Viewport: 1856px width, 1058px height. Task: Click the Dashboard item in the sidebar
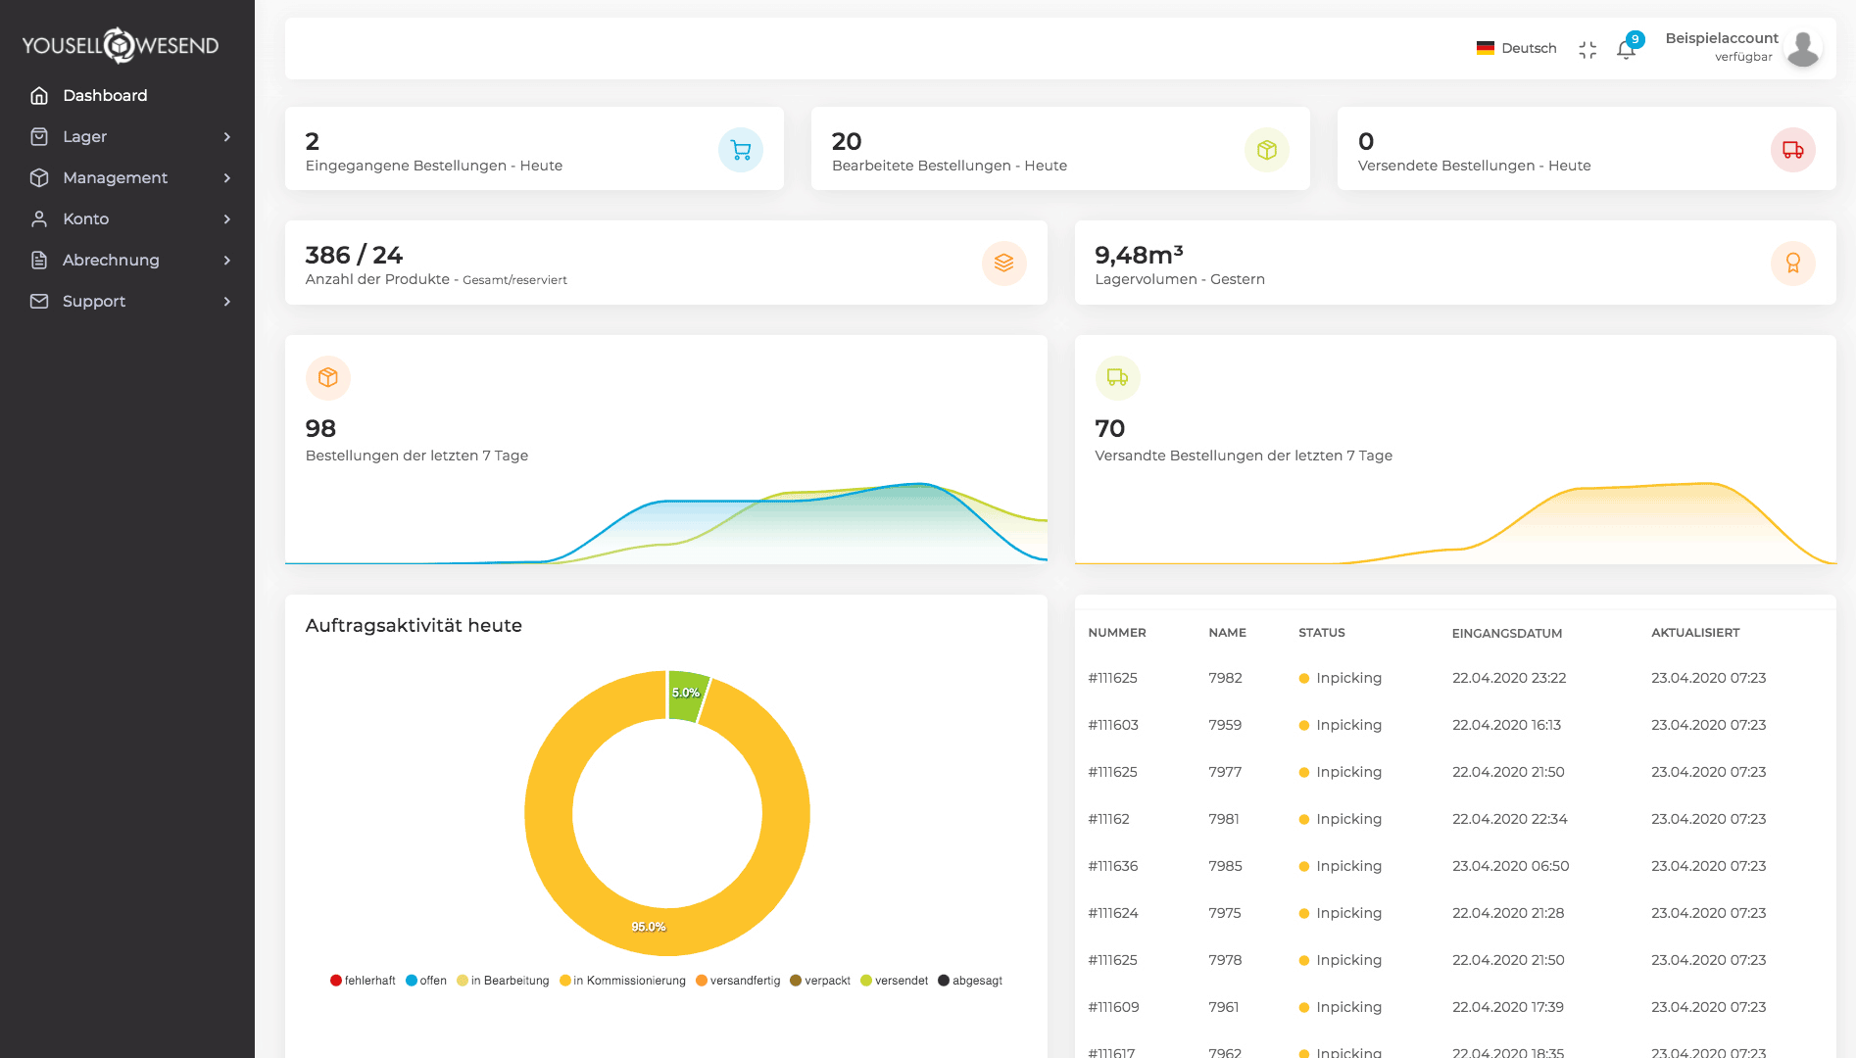[x=104, y=95]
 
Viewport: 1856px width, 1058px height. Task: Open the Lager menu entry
[x=84, y=136]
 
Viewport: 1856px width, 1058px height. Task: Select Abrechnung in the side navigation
[x=110, y=260]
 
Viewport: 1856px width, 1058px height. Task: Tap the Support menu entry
[x=93, y=301]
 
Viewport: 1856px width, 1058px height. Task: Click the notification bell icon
[x=1626, y=50]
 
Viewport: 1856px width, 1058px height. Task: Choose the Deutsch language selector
[x=1517, y=48]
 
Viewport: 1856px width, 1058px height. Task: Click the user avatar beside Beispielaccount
[x=1802, y=48]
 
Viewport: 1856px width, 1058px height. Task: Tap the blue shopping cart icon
[x=741, y=150]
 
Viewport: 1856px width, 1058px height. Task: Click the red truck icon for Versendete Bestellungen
[x=1792, y=150]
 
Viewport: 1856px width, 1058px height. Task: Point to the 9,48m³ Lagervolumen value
[x=1139, y=255]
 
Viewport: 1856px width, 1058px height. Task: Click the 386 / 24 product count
[x=354, y=255]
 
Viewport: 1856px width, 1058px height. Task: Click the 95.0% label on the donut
[x=649, y=927]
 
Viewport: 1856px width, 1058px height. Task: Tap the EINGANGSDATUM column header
[x=1506, y=633]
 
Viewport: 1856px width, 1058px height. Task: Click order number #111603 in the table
[x=1113, y=725]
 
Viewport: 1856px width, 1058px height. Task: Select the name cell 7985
[x=1225, y=866]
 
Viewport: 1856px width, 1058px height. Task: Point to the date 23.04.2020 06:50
[x=1510, y=866]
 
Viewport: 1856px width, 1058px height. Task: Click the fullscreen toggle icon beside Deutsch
[x=1587, y=50]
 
